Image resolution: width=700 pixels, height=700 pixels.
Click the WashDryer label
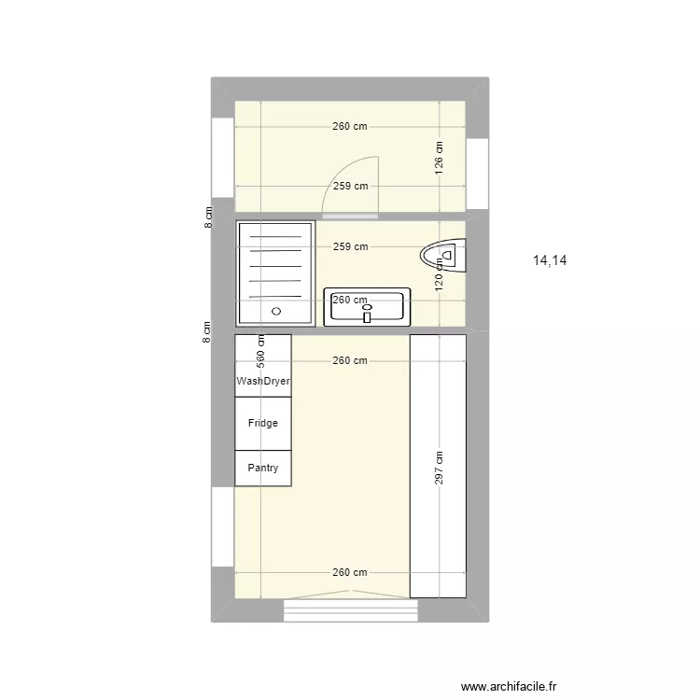coord(263,381)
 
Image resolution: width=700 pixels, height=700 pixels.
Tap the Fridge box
coord(263,423)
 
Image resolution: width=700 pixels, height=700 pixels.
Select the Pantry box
coord(263,469)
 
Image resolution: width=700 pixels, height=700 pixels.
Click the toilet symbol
coord(444,253)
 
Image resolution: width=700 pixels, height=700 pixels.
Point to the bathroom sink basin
coord(367,308)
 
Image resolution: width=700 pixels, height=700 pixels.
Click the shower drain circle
coord(275,311)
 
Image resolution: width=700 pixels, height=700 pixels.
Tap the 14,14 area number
coord(550,261)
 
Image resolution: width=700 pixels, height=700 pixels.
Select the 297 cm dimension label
coord(439,469)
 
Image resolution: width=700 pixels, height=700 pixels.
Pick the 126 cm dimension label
coord(439,155)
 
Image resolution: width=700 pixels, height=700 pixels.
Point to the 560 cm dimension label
coord(261,350)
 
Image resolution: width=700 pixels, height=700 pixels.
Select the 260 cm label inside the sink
coord(349,300)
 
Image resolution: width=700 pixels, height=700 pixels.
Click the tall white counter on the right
coord(438,465)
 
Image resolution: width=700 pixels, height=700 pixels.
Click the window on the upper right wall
coord(478,174)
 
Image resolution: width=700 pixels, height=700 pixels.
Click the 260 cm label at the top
coord(349,127)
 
